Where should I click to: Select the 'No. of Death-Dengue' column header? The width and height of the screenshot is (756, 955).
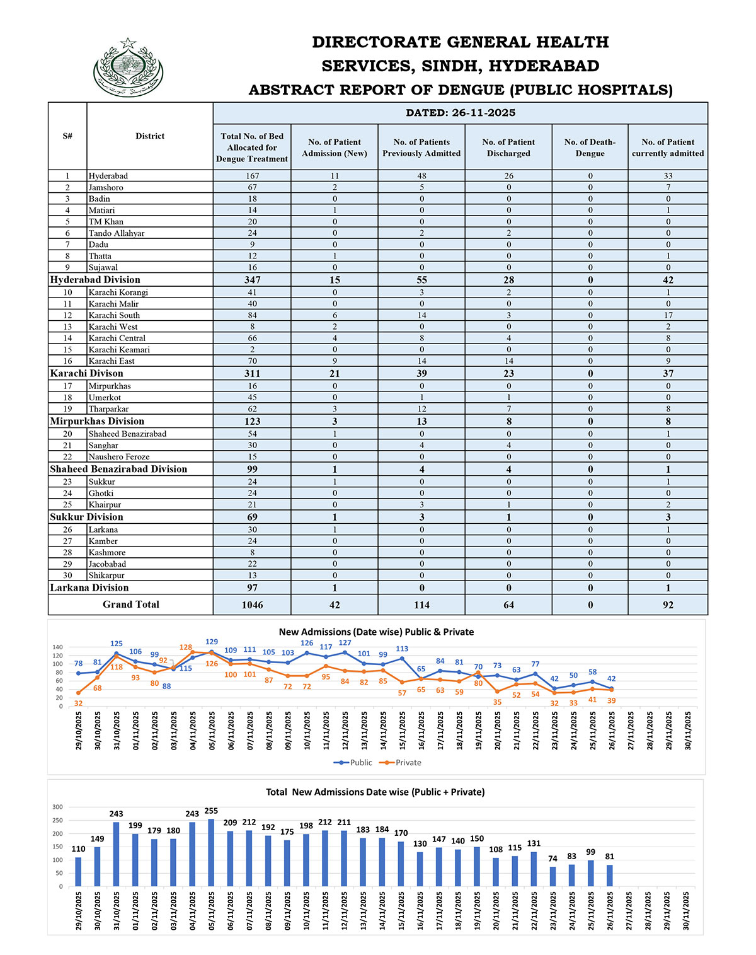coord(590,148)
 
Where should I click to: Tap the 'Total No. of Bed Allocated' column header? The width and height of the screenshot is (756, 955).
coord(252,148)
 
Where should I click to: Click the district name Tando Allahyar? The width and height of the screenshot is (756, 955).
coord(117,233)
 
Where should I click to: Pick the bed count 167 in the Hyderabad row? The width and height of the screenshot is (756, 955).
coord(252,176)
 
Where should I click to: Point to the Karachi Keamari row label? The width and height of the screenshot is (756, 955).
coord(119,350)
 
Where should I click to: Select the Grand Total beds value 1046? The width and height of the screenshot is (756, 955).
coord(252,605)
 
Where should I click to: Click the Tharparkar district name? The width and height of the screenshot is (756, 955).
coord(108,409)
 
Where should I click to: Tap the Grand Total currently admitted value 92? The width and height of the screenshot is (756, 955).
coord(668,605)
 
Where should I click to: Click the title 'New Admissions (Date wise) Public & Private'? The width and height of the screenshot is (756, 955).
coord(376,632)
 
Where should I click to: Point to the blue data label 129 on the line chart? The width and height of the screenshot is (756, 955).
coord(212,642)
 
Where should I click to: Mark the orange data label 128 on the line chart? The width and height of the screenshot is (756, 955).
coord(185,647)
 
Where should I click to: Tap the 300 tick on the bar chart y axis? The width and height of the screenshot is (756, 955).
coord(58,807)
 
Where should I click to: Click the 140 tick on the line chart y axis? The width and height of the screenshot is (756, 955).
coord(58,647)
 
